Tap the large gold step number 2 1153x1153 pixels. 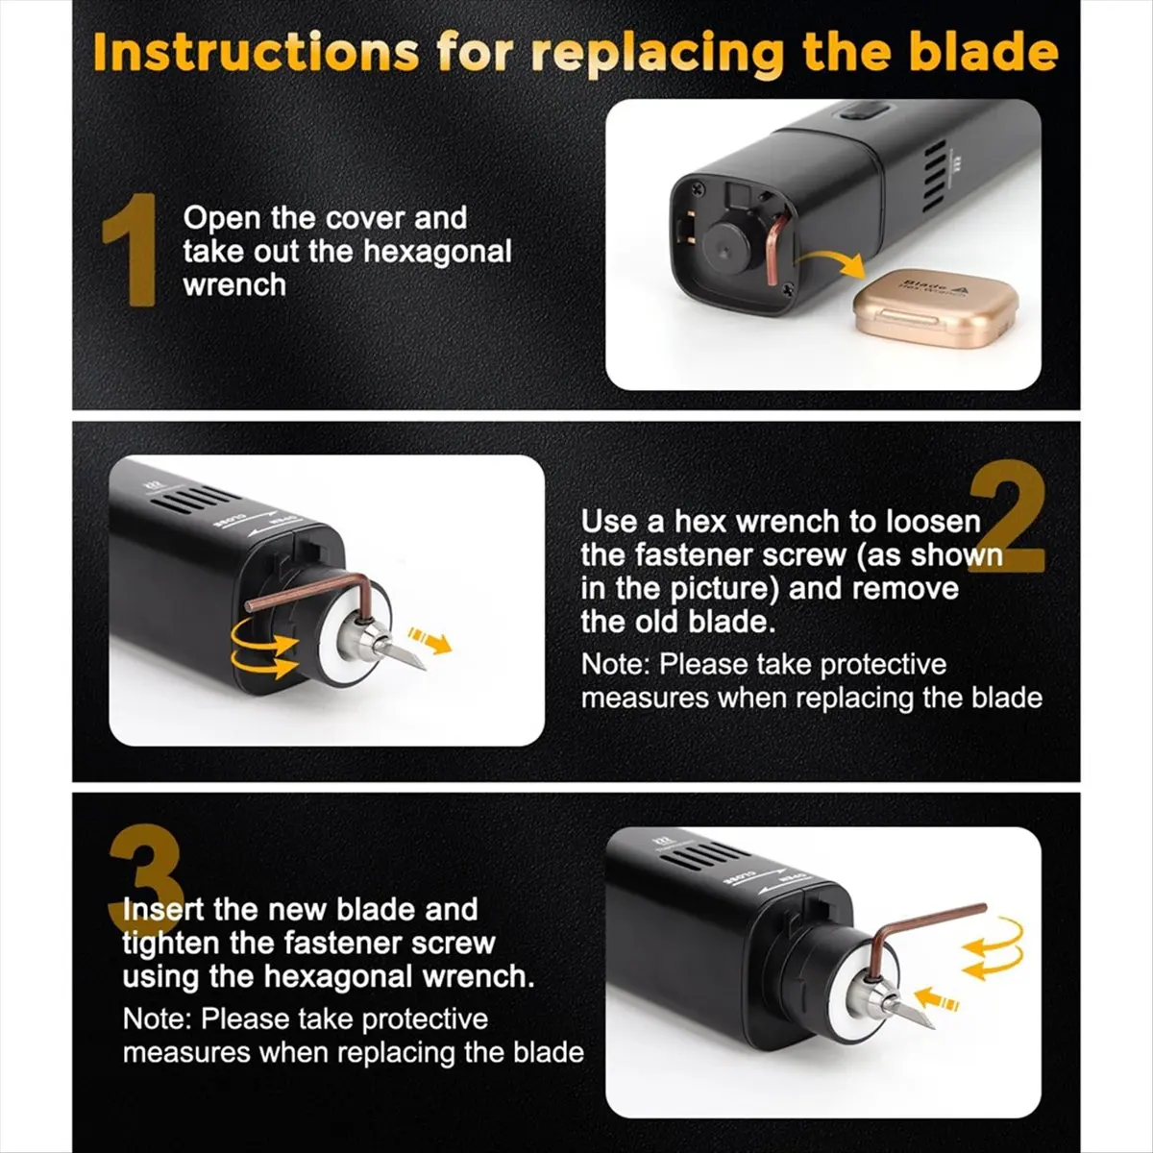(1007, 517)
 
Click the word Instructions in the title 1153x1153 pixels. (257, 53)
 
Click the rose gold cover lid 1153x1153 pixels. (935, 307)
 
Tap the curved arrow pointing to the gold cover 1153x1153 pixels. (832, 261)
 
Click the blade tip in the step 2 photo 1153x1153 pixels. (423, 668)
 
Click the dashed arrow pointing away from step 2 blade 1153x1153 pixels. (429, 640)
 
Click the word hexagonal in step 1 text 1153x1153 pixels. (437, 252)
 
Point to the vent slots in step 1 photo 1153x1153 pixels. (935, 178)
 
